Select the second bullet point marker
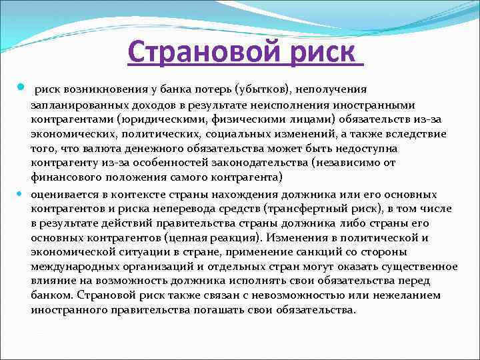(21, 194)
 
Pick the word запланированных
(73, 105)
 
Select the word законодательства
(220, 163)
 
